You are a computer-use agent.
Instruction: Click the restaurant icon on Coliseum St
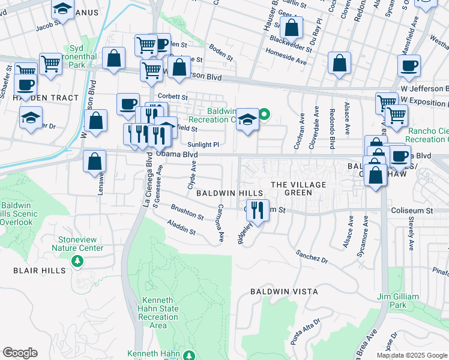tap(258, 210)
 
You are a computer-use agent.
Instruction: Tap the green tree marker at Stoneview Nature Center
tap(77, 261)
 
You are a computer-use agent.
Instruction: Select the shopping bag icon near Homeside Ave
tap(340, 64)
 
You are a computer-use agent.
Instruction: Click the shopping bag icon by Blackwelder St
tap(292, 28)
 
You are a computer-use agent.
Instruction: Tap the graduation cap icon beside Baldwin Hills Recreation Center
tap(247, 120)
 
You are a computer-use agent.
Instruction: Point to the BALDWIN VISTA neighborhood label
tap(285, 292)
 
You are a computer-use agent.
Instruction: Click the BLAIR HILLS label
tap(40, 271)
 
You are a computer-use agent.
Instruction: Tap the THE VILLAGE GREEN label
tap(298, 188)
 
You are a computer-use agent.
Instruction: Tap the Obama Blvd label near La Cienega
tap(176, 154)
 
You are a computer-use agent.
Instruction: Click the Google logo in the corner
tap(20, 353)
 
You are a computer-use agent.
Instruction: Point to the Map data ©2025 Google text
tap(412, 355)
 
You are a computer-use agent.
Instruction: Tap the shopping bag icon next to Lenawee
tap(95, 162)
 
